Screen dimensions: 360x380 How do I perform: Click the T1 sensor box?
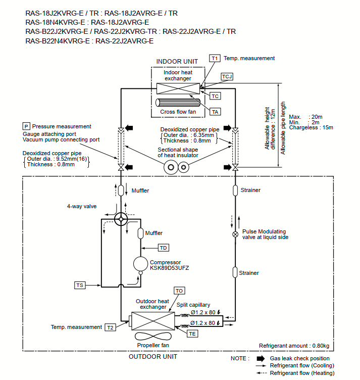pos(215,59)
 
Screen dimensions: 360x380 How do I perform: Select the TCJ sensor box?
pos(227,77)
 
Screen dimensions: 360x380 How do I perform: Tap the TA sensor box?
pos(215,112)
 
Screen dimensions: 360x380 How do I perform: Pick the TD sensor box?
pos(164,248)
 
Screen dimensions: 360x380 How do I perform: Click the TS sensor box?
pos(80,285)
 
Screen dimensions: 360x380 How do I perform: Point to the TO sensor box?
pos(179,291)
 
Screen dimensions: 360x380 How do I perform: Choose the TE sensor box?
pos(192,334)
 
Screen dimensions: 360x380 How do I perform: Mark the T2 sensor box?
pos(110,327)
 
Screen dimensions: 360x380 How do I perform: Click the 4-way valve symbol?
pos(121,219)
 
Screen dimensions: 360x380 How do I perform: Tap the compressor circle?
pos(140,264)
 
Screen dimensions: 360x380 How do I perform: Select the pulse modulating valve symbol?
pos(235,234)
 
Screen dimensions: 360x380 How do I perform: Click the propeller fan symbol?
pos(153,336)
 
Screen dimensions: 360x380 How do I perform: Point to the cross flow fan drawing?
pos(178,103)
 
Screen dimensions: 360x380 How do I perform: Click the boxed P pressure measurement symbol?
pos(26,126)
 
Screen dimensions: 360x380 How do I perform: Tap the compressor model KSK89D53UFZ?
pos(170,268)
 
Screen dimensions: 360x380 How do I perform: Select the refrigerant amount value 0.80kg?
pos(321,346)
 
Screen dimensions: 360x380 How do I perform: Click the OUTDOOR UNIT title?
pos(153,356)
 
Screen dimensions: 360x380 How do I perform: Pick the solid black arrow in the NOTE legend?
pos(261,358)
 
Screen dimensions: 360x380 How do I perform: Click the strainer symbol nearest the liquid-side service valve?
pos(235,191)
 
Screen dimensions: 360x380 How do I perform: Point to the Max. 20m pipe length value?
pos(305,117)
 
